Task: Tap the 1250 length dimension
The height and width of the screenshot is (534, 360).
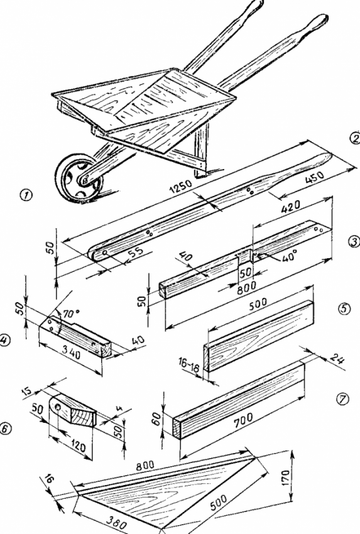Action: tap(181, 186)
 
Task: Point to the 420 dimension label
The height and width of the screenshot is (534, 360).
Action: tap(290, 207)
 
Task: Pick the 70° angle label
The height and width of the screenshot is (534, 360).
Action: tap(70, 313)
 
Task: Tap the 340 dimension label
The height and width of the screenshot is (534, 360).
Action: tap(72, 354)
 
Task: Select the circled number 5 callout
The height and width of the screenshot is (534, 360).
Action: tap(344, 308)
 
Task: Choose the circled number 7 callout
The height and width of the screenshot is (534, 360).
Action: tap(342, 399)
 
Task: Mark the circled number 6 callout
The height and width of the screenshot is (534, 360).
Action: tap(5, 428)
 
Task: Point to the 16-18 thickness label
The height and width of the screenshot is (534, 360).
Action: tap(188, 363)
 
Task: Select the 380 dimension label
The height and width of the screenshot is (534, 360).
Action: tap(116, 521)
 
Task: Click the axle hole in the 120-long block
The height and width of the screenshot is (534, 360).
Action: tap(58, 407)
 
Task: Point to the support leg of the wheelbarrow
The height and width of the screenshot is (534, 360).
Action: tap(200, 150)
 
